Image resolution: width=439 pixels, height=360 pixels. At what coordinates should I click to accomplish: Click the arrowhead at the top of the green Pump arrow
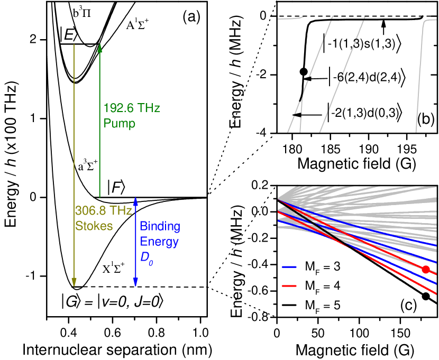(99, 48)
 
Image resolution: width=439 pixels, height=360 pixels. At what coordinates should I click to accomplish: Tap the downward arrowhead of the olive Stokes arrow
(74, 282)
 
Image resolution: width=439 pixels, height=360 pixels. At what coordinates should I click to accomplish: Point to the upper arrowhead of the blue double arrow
(135, 201)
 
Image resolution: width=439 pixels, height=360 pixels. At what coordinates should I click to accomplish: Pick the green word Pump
(119, 124)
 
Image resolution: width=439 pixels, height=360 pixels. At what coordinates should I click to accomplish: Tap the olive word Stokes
(94, 226)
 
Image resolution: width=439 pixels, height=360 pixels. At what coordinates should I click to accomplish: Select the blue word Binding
(160, 227)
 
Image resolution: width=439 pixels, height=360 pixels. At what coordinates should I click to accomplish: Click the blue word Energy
(159, 242)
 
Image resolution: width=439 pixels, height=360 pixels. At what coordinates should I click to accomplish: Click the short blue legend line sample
(289, 267)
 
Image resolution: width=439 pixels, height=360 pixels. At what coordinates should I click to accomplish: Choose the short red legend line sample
(289, 286)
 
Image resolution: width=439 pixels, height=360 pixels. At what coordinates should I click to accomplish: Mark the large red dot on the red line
(426, 270)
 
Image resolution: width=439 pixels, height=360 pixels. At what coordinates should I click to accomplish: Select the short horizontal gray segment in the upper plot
(290, 19)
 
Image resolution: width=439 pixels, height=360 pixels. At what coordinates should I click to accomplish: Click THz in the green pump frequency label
(149, 108)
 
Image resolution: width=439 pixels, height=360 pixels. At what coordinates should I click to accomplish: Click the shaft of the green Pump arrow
(99, 132)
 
